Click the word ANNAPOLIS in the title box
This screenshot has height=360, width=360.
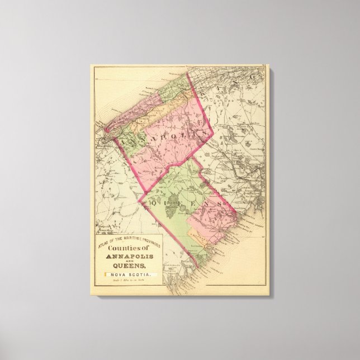[x=124, y=257]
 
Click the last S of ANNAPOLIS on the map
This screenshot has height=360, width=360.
[x=205, y=134]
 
